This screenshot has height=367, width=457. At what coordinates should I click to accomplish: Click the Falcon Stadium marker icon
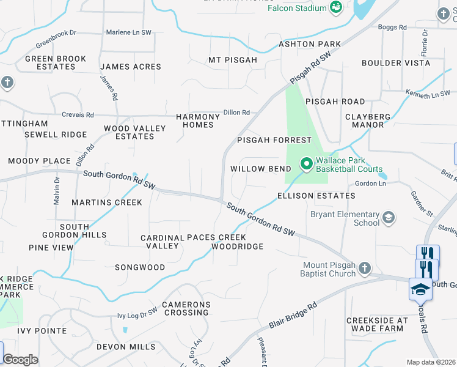click(x=335, y=7)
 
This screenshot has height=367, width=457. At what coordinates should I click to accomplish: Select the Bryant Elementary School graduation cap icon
click(x=387, y=218)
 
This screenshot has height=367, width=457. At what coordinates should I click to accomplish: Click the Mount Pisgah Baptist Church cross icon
click(x=364, y=269)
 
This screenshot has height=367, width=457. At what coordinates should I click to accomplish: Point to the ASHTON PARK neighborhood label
click(x=310, y=44)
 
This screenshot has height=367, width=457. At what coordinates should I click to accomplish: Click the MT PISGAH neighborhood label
click(x=233, y=60)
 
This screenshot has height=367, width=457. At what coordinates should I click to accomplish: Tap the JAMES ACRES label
click(x=131, y=67)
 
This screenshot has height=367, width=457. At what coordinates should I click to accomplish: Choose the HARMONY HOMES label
click(x=197, y=120)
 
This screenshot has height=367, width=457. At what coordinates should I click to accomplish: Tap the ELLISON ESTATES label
click(x=316, y=196)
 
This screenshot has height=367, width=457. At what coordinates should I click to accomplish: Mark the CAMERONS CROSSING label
click(x=186, y=308)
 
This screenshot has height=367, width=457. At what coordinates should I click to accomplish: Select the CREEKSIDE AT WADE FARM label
click(x=376, y=324)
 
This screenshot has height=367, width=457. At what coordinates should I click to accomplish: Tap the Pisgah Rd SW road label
click(x=310, y=68)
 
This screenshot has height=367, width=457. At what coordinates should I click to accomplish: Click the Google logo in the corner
click(x=20, y=360)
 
